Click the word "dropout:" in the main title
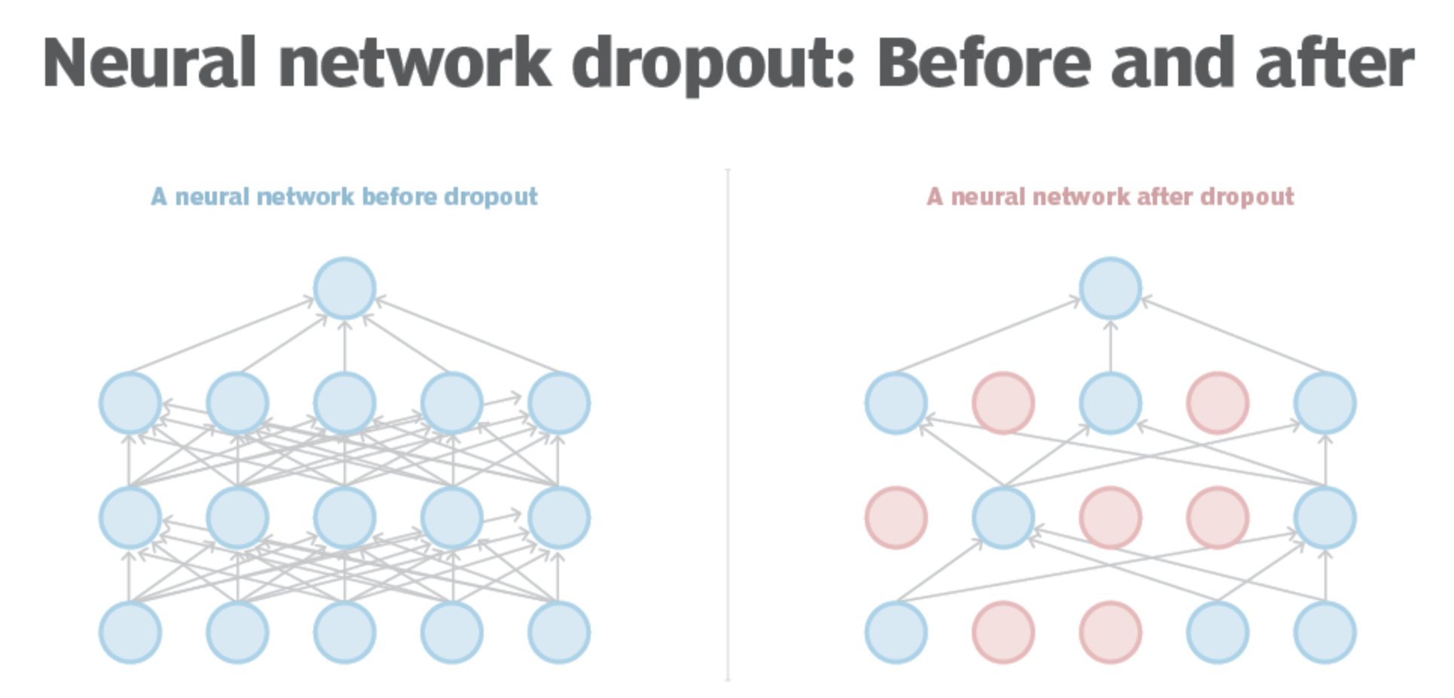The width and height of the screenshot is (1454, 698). (712, 64)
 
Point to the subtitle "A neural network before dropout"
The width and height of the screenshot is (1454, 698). (344, 197)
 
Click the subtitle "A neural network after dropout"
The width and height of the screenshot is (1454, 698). (1110, 197)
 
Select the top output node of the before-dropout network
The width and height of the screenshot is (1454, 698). (344, 288)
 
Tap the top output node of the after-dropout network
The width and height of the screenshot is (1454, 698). (1110, 288)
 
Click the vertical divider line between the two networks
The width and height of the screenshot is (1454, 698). (727, 422)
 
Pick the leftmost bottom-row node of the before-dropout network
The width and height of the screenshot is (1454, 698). (130, 632)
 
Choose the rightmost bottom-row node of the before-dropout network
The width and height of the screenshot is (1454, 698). (558, 632)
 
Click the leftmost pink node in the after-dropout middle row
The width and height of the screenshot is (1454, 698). (896, 517)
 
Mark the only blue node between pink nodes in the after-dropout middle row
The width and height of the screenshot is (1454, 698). (1003, 517)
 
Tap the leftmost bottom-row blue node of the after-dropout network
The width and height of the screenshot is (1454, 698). (896, 632)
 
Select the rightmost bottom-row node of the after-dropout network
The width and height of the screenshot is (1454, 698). (1324, 632)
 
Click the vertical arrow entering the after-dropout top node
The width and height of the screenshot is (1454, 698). (1110, 347)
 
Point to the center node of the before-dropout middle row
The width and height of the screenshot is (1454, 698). (344, 517)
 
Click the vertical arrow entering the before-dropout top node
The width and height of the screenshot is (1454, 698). (344, 347)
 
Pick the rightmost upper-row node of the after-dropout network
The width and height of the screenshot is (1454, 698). (1324, 403)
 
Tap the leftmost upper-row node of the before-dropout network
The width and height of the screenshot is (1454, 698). (130, 403)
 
